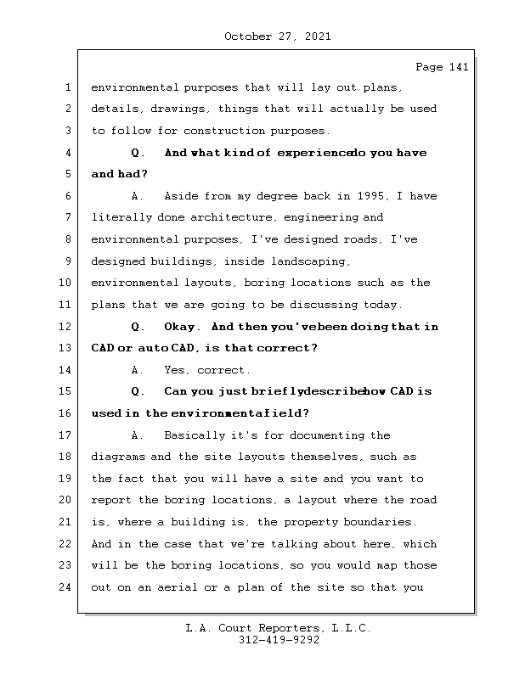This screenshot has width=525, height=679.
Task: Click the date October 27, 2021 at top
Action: [278, 36]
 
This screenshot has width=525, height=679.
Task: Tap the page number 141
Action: [458, 67]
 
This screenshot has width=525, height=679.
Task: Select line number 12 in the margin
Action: [67, 327]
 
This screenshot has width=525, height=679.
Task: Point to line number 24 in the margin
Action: [67, 587]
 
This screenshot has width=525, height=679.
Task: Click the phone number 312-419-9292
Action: [278, 641]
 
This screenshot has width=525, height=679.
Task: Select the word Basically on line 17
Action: [195, 435]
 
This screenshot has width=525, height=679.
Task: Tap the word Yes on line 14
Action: [176, 370]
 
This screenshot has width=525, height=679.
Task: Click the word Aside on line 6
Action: [181, 196]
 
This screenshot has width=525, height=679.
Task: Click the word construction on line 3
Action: [224, 131]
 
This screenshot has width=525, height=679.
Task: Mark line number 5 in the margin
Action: [67, 174]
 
